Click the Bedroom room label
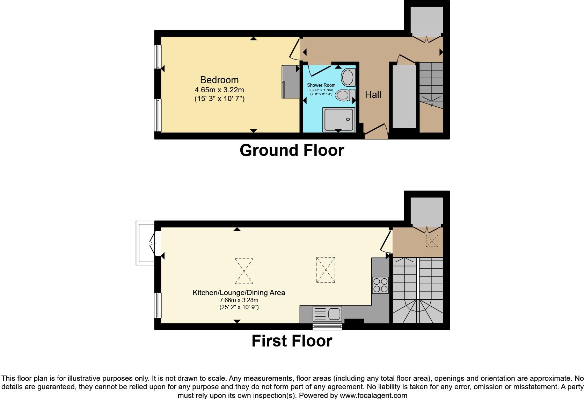(x=219, y=80)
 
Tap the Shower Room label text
(x=321, y=85)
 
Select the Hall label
(x=373, y=95)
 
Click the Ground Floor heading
(x=292, y=150)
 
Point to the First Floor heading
(x=292, y=341)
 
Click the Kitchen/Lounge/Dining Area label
(x=239, y=293)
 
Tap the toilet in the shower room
(x=344, y=95)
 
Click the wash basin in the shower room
(x=348, y=77)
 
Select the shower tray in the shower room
(x=338, y=119)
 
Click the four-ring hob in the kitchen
(x=380, y=285)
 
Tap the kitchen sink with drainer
(x=327, y=314)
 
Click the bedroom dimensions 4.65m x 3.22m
(x=219, y=90)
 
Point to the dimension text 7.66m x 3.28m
(x=239, y=300)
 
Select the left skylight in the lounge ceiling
(x=244, y=271)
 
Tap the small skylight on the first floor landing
(x=432, y=241)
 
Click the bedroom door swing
(x=294, y=51)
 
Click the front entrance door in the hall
(x=377, y=130)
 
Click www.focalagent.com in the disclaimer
(x=373, y=395)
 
